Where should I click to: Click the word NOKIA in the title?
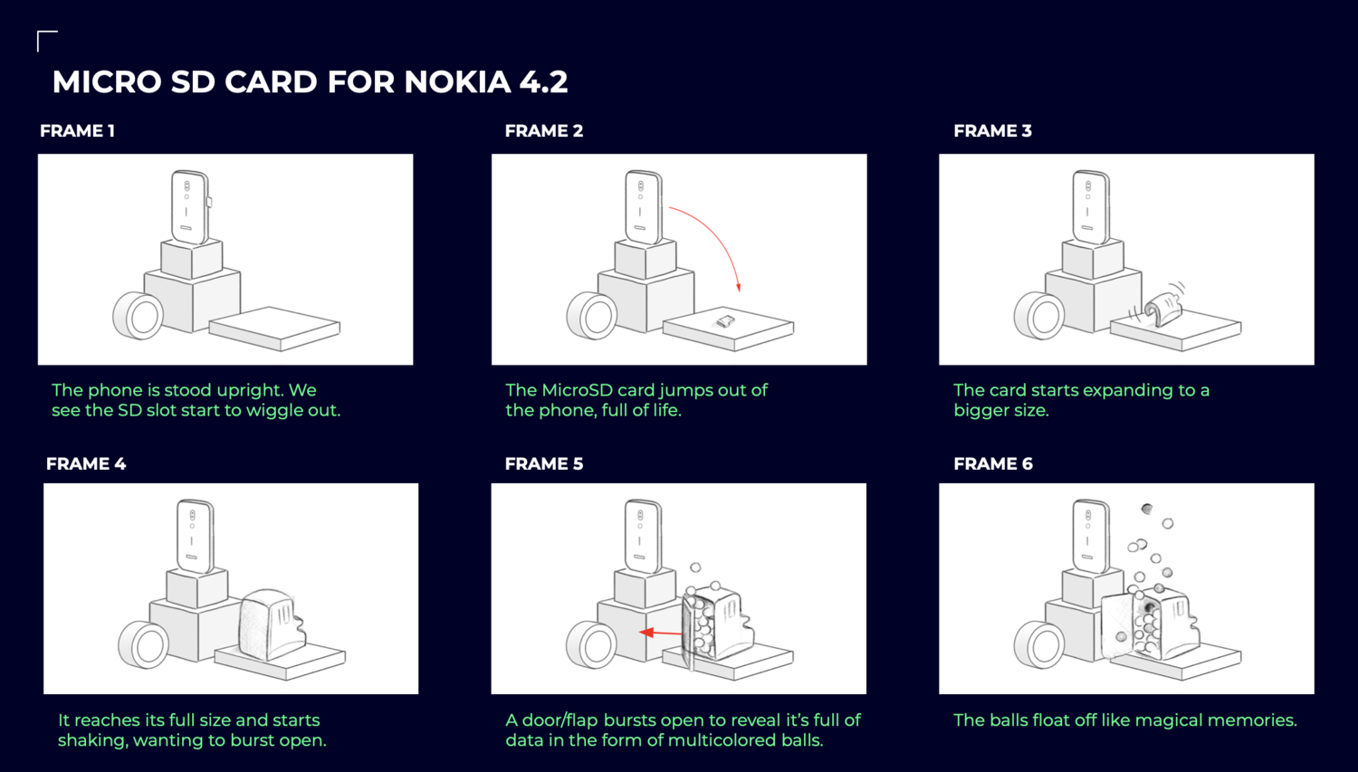tap(457, 81)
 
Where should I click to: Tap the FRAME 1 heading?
tap(78, 131)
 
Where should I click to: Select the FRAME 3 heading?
tap(992, 131)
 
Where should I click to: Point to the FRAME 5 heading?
tap(544, 463)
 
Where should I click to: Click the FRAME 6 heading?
tap(993, 463)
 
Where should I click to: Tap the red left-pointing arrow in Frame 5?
tap(661, 633)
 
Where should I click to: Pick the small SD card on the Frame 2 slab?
tap(725, 321)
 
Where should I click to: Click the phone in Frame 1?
tap(190, 207)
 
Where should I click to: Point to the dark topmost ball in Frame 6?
tap(1146, 509)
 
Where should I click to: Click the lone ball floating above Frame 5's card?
tap(695, 567)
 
